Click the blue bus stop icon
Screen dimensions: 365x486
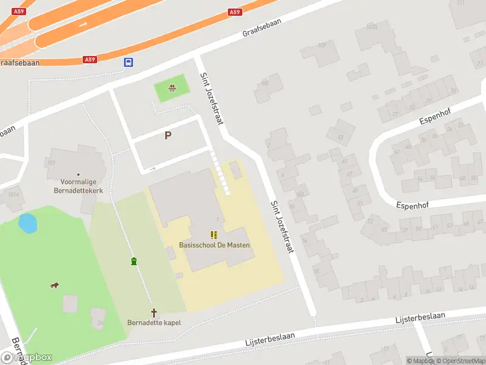[129, 62]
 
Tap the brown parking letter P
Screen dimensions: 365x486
[168, 136]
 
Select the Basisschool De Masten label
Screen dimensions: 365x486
[214, 245]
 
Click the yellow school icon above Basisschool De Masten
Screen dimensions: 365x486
[213, 235]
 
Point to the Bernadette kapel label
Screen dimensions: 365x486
[154, 322]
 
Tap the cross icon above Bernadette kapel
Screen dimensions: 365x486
[154, 313]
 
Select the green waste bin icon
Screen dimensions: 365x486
[134, 262]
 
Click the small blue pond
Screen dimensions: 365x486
[27, 223]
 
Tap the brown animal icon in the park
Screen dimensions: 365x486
[54, 285]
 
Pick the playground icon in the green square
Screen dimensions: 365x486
[172, 89]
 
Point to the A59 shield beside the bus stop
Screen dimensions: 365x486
[90, 60]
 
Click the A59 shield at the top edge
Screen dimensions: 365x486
[235, 12]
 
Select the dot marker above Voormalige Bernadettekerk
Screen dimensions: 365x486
[78, 174]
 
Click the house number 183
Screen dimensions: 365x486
[51, 162]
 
